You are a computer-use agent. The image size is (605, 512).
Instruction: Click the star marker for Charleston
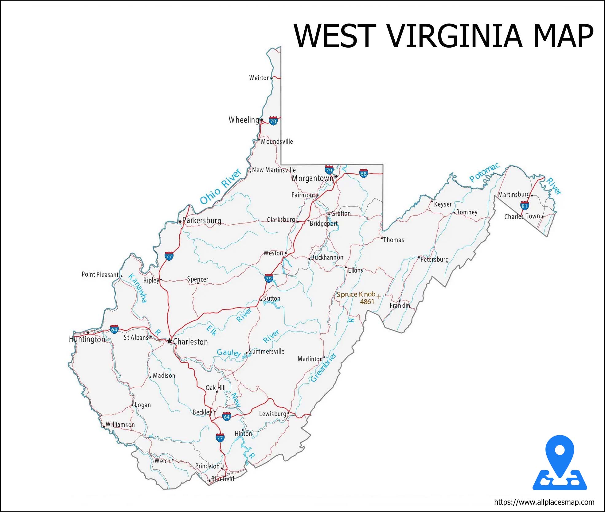[x=170, y=341]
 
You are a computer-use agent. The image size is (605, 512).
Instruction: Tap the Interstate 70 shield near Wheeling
[x=273, y=121]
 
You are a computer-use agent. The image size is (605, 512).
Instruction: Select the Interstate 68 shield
[x=364, y=173]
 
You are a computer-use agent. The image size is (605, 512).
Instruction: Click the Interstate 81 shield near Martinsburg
[x=525, y=205]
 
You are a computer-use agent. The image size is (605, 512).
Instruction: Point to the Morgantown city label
[x=312, y=178]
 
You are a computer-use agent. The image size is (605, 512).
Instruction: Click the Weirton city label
[x=259, y=78]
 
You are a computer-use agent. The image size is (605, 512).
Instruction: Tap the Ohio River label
[x=221, y=186]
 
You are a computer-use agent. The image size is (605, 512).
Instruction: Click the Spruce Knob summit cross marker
[x=379, y=296]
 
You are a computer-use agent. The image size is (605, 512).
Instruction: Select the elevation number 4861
[x=367, y=302]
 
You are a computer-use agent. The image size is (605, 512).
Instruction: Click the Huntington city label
[x=87, y=339]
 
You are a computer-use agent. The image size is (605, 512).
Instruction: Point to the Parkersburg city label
[x=202, y=220]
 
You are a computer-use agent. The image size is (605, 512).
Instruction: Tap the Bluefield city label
[x=223, y=479]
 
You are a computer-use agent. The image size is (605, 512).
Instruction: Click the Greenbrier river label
[x=323, y=367]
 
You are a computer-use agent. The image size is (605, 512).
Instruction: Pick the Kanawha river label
[x=138, y=288]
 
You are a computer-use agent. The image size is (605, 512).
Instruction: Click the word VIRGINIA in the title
[x=455, y=36]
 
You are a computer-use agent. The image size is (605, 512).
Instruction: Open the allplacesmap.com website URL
[x=544, y=502]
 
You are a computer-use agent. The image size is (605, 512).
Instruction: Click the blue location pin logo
[x=560, y=463]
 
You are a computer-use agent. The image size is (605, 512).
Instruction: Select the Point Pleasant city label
[x=100, y=274]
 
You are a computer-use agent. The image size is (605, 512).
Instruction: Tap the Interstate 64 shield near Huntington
[x=114, y=330]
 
